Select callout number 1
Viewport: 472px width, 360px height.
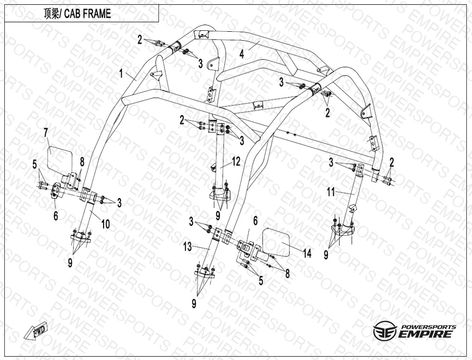121,73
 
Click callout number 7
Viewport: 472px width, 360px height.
46,133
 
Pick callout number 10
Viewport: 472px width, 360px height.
105,224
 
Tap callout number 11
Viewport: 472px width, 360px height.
331,192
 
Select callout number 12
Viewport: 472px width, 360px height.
236,162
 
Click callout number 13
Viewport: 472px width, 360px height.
187,247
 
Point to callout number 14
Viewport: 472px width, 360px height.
307,253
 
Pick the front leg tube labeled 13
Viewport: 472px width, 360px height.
209,253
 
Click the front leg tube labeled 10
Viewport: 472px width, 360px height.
84,217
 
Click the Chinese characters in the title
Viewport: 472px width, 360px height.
52,14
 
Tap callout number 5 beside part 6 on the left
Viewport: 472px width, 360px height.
35,165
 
